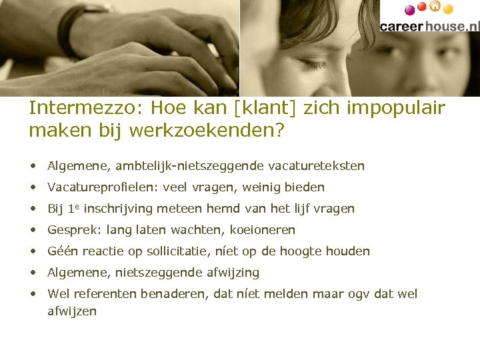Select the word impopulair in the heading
click(404, 108)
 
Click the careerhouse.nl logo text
click(429, 26)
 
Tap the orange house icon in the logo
click(435, 7)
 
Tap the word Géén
click(62, 251)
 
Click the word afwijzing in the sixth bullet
click(233, 273)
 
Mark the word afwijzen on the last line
click(72, 311)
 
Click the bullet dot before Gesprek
click(33, 230)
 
